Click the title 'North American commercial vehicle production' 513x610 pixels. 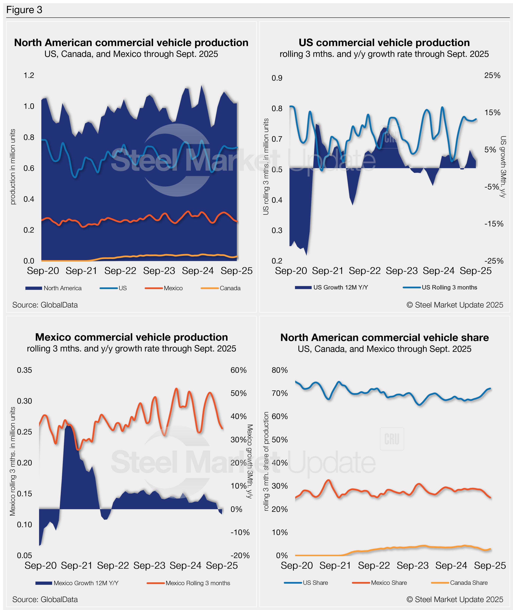[131, 43]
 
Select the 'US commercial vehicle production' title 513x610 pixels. [384, 43]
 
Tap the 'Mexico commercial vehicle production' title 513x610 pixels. [131, 337]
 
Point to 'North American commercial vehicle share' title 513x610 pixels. [384, 338]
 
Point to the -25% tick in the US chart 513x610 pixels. [493, 261]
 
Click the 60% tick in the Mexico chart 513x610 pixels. [238, 370]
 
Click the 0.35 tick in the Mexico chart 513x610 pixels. [24, 370]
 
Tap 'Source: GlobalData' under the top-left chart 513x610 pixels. [45, 305]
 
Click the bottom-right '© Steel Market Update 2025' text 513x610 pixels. [455, 600]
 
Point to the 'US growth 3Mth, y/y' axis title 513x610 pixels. [503, 167]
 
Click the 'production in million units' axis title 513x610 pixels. [13, 167]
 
